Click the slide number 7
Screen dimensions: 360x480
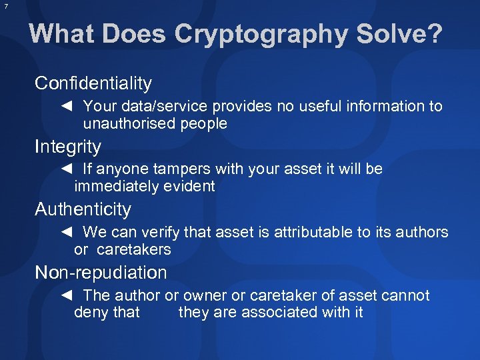[x=5, y=6]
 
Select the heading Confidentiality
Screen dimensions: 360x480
[x=93, y=83]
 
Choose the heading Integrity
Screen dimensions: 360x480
[x=68, y=147]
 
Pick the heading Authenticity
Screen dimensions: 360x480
[x=83, y=209]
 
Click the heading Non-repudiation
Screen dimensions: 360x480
[x=101, y=273]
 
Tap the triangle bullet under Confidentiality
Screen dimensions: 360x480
[x=66, y=106]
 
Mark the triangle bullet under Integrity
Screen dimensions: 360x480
[x=66, y=169]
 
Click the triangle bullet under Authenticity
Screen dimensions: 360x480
[x=66, y=232]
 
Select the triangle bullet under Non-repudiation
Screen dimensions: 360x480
[x=66, y=295]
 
